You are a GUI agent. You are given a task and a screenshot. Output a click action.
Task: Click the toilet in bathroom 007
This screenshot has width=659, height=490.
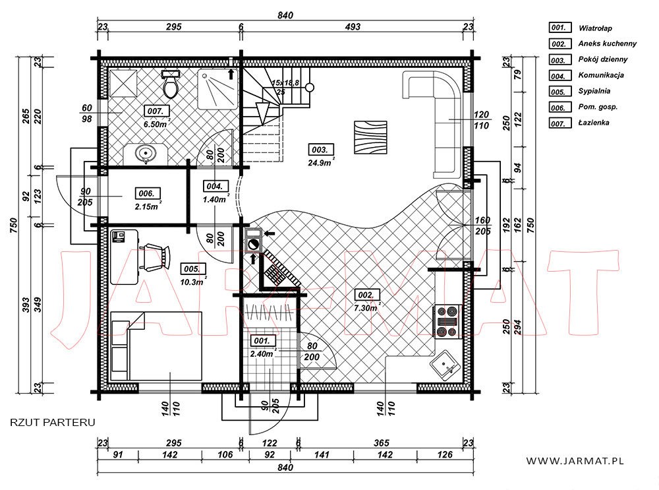pyautogui.click(x=171, y=84)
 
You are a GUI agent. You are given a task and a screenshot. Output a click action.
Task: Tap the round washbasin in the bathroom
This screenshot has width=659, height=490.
pyautogui.click(x=146, y=153)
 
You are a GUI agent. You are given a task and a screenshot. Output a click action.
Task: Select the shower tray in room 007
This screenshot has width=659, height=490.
pyautogui.click(x=218, y=89)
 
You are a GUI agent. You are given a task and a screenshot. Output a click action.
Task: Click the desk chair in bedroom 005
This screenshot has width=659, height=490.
pyautogui.click(x=155, y=256)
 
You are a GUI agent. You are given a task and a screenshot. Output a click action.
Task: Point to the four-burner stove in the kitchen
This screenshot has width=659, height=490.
pyautogui.click(x=447, y=322)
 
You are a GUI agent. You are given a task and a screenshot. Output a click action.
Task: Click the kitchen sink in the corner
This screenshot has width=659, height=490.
pyautogui.click(x=445, y=365)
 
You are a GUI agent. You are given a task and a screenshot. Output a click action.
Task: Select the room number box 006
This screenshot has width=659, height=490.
pyautogui.click(x=147, y=193)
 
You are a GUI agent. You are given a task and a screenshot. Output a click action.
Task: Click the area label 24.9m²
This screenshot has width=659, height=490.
pyautogui.click(x=321, y=162)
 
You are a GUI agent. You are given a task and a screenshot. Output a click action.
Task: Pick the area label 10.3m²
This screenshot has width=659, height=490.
pyautogui.click(x=192, y=282)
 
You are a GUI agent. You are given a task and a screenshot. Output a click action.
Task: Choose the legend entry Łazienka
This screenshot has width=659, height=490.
pyautogui.click(x=594, y=123)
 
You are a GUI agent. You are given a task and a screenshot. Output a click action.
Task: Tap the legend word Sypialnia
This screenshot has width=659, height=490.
pyautogui.click(x=594, y=91)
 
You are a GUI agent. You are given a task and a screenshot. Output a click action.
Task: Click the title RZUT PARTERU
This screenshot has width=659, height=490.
pyautogui.click(x=53, y=422)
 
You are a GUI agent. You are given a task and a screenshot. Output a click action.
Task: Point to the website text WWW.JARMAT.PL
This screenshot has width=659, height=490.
pyautogui.click(x=575, y=461)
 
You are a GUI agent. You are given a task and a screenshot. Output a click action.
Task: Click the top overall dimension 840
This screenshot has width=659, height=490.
pyautogui.click(x=285, y=15)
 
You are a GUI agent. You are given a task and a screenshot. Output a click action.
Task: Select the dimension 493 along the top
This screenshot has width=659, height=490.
pyautogui.click(x=353, y=26)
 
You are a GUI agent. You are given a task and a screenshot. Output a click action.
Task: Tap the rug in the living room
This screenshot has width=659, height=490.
pyautogui.click(x=370, y=137)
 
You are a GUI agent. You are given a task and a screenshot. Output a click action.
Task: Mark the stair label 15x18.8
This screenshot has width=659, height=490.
pyautogui.click(x=285, y=83)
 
